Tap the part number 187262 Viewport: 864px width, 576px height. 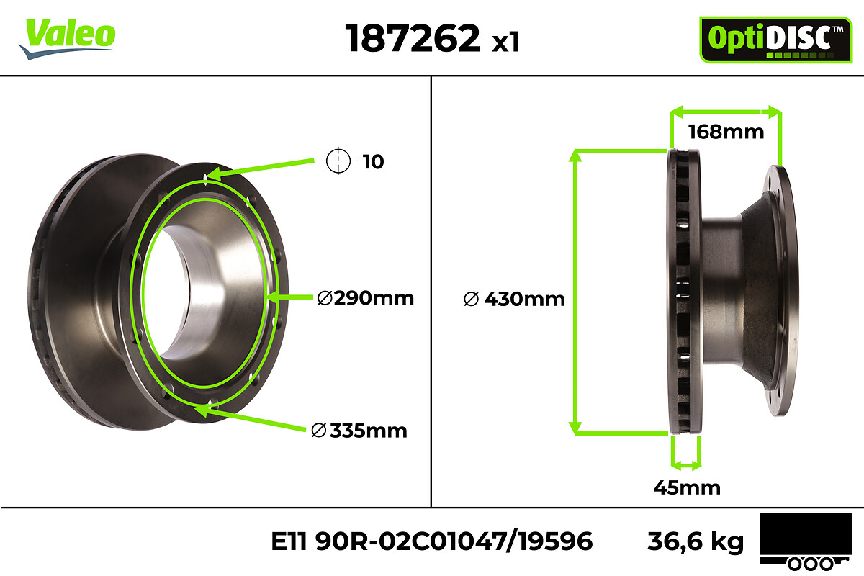coord(413,38)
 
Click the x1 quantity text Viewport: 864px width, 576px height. coord(505,42)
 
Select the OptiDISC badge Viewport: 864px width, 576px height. coord(775,40)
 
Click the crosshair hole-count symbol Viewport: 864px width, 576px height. coord(338,161)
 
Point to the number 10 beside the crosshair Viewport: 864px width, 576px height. coord(373,162)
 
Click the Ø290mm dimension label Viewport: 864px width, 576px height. coord(365,298)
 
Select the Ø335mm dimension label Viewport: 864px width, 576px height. coord(359,431)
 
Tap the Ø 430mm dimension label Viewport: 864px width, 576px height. coord(514,299)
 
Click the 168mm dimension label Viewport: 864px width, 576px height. coord(726,132)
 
